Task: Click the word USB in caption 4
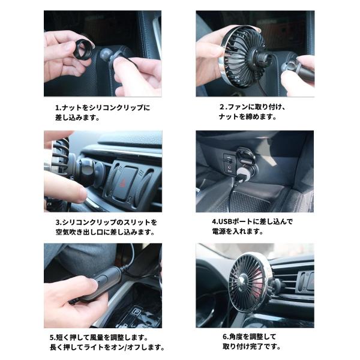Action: click(224, 222)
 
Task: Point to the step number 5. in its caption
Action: click(53, 338)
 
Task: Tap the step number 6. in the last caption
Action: click(226, 337)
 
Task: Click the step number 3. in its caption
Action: click(59, 223)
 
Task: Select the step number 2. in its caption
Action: click(223, 107)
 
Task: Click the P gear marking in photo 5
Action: click(137, 312)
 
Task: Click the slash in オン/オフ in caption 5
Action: click(125, 347)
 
